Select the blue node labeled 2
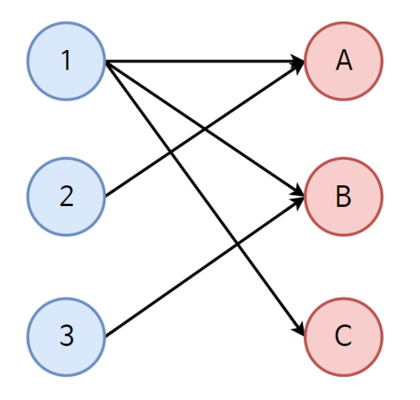(x=66, y=196)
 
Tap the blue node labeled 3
(x=66, y=336)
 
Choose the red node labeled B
(x=344, y=196)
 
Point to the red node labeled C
(x=344, y=336)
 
